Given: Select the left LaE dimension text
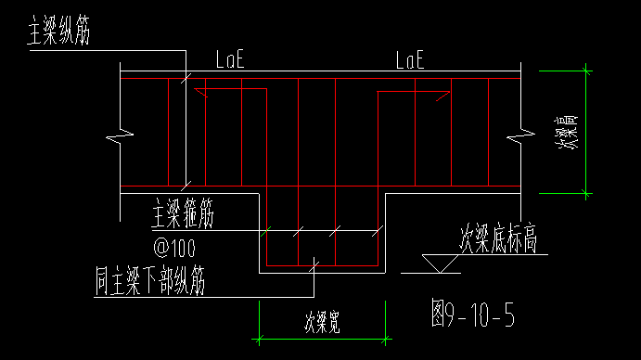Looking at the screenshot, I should pos(229,61).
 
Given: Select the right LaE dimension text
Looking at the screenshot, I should pos(409,61).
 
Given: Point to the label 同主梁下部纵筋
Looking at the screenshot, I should pos(149,279).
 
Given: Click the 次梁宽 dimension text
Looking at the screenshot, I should pos(321,322).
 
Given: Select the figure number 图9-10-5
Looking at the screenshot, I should pos(473,315).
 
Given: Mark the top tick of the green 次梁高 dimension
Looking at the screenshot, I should pos(585,70).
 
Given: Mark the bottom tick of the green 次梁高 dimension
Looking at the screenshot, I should pos(585,194).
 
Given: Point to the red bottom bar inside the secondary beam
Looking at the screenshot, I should pos(321,265).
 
